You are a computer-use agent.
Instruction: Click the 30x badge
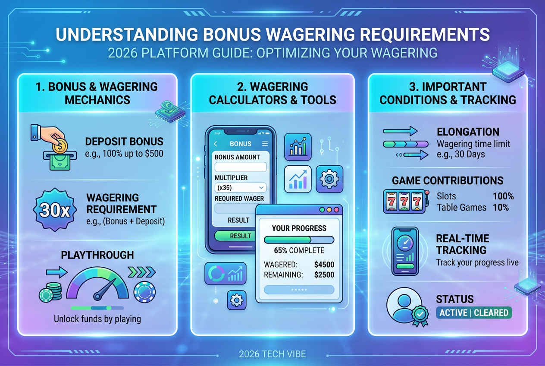pos(55,210)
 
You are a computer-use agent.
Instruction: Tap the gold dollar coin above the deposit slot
pos(60,146)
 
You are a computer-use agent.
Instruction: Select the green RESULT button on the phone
pos(235,236)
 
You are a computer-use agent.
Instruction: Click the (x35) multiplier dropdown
pos(241,187)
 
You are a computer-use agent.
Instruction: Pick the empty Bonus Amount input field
pos(241,167)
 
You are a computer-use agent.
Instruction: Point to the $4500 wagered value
pos(324,265)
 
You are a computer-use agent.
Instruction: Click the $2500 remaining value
pos(324,274)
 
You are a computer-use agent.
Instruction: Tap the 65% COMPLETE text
pos(299,250)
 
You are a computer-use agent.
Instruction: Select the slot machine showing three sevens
pos(406,201)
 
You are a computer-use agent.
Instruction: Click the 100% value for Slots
pos(503,196)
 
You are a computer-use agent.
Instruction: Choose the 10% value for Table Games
pos(501,208)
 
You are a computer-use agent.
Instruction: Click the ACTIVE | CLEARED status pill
pos(474,312)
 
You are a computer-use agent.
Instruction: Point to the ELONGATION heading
pos(468,132)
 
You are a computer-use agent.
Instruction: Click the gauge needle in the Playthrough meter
pos(105,289)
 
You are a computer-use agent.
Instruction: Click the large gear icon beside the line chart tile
pos(329,179)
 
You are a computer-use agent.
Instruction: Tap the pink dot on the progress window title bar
pos(336,210)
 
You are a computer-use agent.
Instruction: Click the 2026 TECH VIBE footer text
pos(272,354)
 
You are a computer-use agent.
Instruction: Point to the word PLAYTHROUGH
pos(97,255)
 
